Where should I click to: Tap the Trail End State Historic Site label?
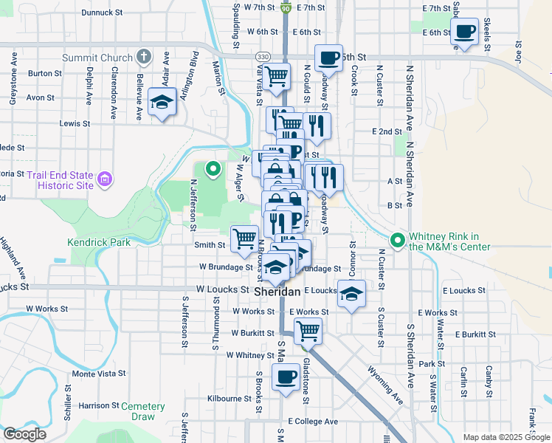(61, 180)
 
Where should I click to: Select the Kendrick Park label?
(99, 241)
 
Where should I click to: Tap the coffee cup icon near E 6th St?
(464, 32)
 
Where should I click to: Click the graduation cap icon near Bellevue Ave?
(162, 103)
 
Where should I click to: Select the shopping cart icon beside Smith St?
(245, 238)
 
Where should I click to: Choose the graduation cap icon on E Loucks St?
(351, 294)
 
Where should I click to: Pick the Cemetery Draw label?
(142, 412)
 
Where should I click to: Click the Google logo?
(24, 434)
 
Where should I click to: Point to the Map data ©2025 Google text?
(506, 437)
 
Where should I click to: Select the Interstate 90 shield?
(286, 7)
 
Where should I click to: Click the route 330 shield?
(263, 56)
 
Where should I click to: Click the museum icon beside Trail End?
(105, 179)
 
